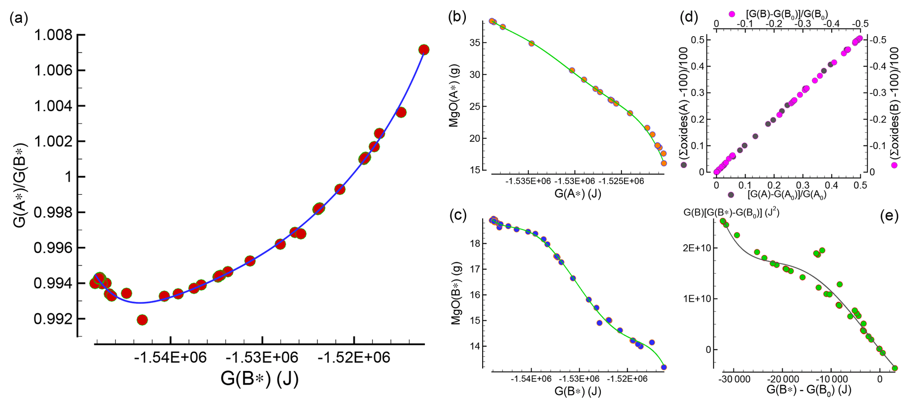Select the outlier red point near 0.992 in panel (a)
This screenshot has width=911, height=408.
tap(142, 320)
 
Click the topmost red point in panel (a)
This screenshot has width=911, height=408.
tap(424, 50)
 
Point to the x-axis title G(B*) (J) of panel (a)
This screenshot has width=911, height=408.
tap(260, 378)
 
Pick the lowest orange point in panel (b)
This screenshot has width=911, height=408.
tap(664, 163)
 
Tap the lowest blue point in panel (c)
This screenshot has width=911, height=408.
tap(664, 367)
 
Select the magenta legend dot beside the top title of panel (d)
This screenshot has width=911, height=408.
tap(732, 14)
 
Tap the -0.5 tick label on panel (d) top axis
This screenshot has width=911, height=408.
tap(857, 23)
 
